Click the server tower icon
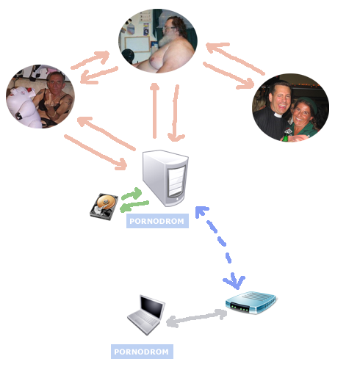coord(165,178)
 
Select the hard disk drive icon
coord(104,206)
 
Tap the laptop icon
coord(146,315)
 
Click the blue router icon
coord(251,302)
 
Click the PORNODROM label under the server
coord(157,221)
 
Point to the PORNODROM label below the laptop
coord(142,352)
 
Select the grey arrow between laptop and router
coord(197,318)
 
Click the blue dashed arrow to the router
coord(220,248)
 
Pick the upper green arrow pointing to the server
coord(132,194)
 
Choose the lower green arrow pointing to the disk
coord(134,206)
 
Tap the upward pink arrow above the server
coord(154,111)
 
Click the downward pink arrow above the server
coord(176,113)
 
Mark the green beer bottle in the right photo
coord(285,136)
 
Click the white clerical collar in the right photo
coord(278,115)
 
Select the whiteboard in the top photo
coord(137,44)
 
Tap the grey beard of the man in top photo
coord(167,38)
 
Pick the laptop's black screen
coord(152,307)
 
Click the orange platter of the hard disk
coord(107,203)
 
